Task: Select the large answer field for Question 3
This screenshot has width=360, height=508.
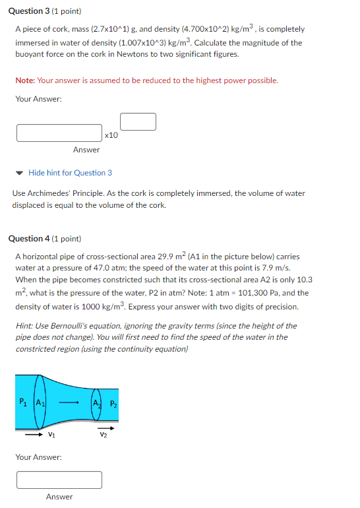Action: tap(59, 133)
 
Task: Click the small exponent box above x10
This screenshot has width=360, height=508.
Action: tap(138, 121)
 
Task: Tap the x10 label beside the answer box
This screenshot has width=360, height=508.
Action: tap(111, 135)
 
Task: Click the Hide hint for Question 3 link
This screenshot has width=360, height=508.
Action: tap(70, 173)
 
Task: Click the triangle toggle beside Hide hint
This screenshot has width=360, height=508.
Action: tap(20, 173)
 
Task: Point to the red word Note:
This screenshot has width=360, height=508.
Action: tap(25, 80)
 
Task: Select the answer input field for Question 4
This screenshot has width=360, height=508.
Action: tap(59, 480)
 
